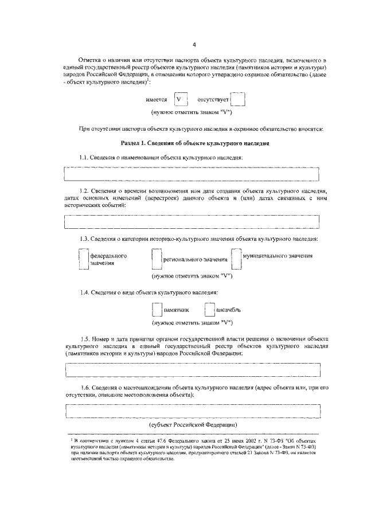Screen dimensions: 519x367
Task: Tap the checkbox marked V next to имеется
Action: pos(181,100)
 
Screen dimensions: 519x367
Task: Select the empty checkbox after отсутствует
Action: pos(239,100)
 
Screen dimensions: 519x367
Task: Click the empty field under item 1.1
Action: pos(192,173)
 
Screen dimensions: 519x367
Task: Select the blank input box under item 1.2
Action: pos(192,221)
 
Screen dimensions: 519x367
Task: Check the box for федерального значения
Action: pos(83,259)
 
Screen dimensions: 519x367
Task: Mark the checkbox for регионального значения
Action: pos(157,259)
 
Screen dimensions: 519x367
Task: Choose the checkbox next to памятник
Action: pos(157,310)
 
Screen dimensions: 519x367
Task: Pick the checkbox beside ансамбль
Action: pos(209,310)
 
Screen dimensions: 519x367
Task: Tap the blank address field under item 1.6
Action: pos(192,411)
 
